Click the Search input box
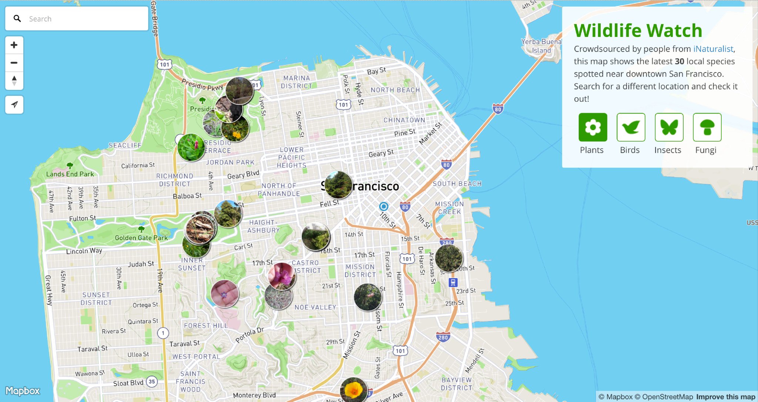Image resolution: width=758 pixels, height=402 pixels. pyautogui.click(x=85, y=19)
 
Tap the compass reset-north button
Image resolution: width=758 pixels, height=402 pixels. pyautogui.click(x=14, y=81)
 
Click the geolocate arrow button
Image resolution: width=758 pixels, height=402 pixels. pyautogui.click(x=14, y=105)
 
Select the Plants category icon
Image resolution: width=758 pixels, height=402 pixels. pyautogui.click(x=593, y=127)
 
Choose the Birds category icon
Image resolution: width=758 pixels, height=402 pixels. pyautogui.click(x=631, y=127)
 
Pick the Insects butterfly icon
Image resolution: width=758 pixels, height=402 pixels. pyautogui.click(x=669, y=127)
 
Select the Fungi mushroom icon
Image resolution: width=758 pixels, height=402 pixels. pyautogui.click(x=707, y=127)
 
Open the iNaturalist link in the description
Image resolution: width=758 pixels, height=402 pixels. pyautogui.click(x=713, y=49)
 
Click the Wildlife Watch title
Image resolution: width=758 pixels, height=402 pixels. pyautogui.click(x=638, y=30)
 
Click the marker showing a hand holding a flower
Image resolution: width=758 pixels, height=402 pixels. pyautogui.click(x=225, y=294)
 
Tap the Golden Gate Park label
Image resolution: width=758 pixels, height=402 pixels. pyautogui.click(x=141, y=238)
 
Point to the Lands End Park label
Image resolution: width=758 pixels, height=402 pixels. pyautogui.click(x=70, y=174)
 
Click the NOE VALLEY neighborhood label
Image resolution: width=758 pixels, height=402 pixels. pyautogui.click(x=315, y=307)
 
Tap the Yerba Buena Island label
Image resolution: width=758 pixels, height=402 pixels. pyautogui.click(x=541, y=46)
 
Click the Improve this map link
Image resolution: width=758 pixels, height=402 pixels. pyautogui.click(x=725, y=397)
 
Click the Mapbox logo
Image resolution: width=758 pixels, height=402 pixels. pyautogui.click(x=23, y=391)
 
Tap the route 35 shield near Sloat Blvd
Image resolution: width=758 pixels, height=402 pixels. pyautogui.click(x=152, y=382)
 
